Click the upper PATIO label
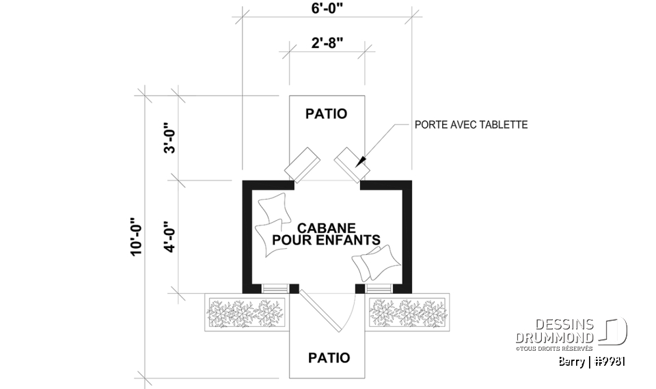point(326,113)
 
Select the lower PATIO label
point(329,358)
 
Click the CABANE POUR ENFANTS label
point(326,233)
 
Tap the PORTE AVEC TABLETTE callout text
point(471,125)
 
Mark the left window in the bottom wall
point(275,288)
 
